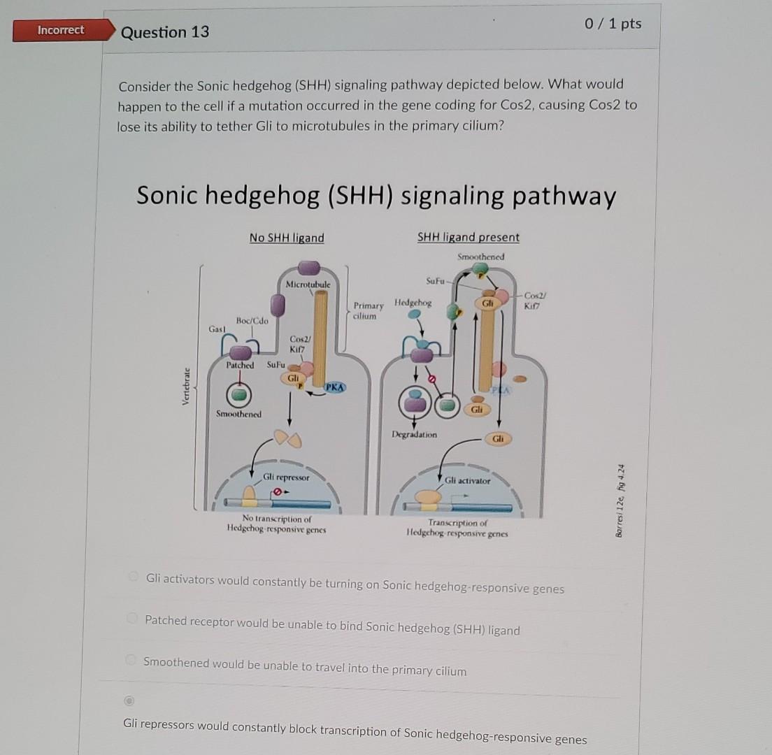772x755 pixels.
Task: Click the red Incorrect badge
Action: (60, 30)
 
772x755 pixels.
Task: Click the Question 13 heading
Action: (164, 32)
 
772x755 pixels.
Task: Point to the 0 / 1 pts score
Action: (613, 24)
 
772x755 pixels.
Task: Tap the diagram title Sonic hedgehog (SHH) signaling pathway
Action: (376, 196)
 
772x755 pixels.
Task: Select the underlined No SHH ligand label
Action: (287, 238)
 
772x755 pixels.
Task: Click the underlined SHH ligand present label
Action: (469, 237)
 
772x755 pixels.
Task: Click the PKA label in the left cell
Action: (335, 387)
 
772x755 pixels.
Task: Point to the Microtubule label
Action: (308, 285)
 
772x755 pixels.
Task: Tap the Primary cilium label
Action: (369, 310)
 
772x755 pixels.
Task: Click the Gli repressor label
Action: (285, 477)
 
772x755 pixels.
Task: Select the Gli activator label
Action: (468, 481)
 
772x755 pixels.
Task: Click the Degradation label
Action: (414, 434)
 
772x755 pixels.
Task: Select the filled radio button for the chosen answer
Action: (129, 700)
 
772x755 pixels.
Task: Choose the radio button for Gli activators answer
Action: (133, 577)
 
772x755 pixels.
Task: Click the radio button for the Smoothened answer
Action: (130, 660)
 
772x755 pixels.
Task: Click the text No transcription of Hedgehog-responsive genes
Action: (276, 524)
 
